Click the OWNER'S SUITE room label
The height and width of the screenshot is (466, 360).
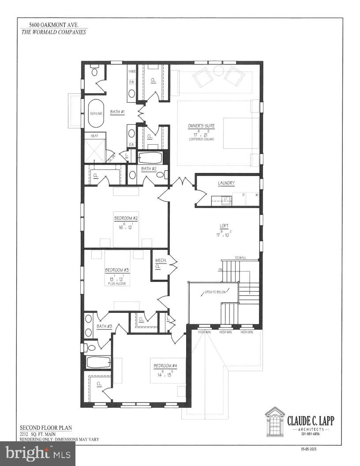pos(201,125)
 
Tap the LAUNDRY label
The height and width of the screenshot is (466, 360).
pos(226,183)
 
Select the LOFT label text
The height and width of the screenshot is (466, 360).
pos(224,226)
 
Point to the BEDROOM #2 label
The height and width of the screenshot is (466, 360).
pos(126,218)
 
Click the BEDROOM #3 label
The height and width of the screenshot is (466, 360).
pos(116,270)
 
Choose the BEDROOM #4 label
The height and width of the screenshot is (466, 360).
pos(165,366)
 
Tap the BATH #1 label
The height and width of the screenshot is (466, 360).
pos(117,112)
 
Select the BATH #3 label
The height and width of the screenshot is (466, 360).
pos(105,327)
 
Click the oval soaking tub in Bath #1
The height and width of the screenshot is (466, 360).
pos(96,113)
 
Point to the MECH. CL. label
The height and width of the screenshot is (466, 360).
pos(161,263)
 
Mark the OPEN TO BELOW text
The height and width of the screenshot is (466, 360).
pos(214,292)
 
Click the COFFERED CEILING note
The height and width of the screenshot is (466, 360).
pos(201,139)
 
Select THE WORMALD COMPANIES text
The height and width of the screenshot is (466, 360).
pos(53,32)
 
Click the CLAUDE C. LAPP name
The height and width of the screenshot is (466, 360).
pos(311,421)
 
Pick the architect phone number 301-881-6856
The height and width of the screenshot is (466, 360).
pos(311,434)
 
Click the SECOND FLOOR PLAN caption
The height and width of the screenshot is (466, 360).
pos(45,428)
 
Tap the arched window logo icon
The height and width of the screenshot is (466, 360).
pos(274,421)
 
